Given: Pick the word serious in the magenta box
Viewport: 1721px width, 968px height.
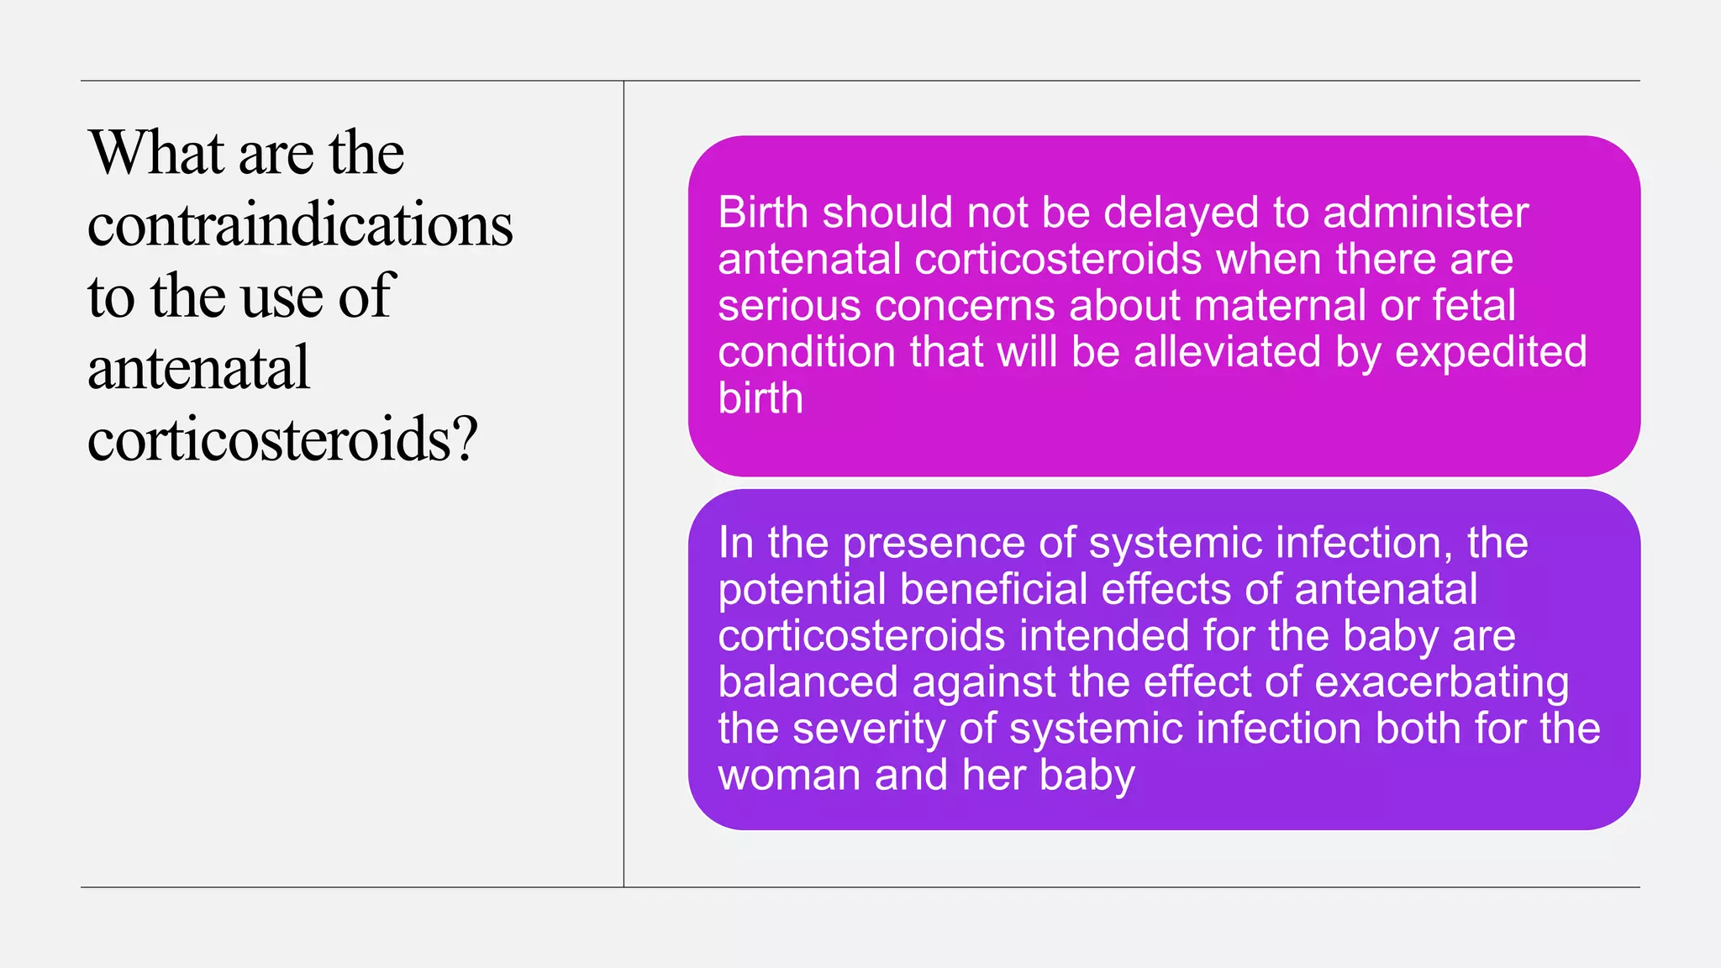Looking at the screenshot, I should click(x=788, y=305).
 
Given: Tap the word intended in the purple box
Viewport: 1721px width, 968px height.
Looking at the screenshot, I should click(x=1103, y=635).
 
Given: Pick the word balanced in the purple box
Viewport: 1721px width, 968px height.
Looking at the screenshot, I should click(x=808, y=681).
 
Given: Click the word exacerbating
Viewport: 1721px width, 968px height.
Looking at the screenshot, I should click(x=1441, y=681).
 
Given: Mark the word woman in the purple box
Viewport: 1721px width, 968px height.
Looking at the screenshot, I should click(x=789, y=774).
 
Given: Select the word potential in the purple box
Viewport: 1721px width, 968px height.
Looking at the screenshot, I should click(x=802, y=589).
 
